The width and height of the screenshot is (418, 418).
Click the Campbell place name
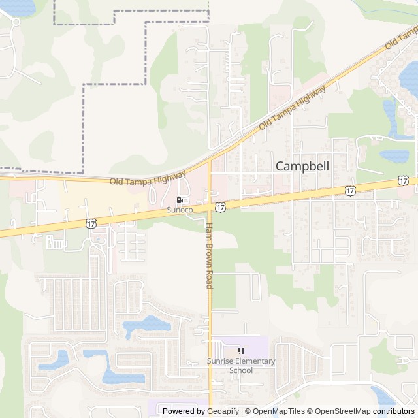pyautogui.click(x=302, y=166)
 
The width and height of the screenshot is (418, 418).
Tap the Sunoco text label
pyautogui.click(x=180, y=210)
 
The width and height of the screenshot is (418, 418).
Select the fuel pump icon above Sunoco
pyautogui.click(x=180, y=201)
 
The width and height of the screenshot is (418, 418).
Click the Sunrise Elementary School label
pyautogui.click(x=241, y=366)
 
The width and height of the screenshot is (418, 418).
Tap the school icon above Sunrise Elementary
pyautogui.click(x=241, y=351)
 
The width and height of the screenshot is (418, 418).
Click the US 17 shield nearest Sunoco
pyautogui.click(x=220, y=206)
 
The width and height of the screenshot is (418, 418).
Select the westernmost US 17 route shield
pyautogui.click(x=91, y=223)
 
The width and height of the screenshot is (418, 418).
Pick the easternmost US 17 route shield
pyautogui.click(x=403, y=180)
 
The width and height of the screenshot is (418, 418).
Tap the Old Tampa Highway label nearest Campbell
pyautogui.click(x=292, y=108)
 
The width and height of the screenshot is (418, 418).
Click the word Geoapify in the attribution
pyautogui.click(x=223, y=411)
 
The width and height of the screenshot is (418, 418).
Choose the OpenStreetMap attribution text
pyautogui.click(x=340, y=411)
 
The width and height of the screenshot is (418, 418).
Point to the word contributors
pyautogui.click(x=394, y=411)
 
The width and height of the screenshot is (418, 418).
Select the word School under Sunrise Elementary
pyautogui.click(x=241, y=370)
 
